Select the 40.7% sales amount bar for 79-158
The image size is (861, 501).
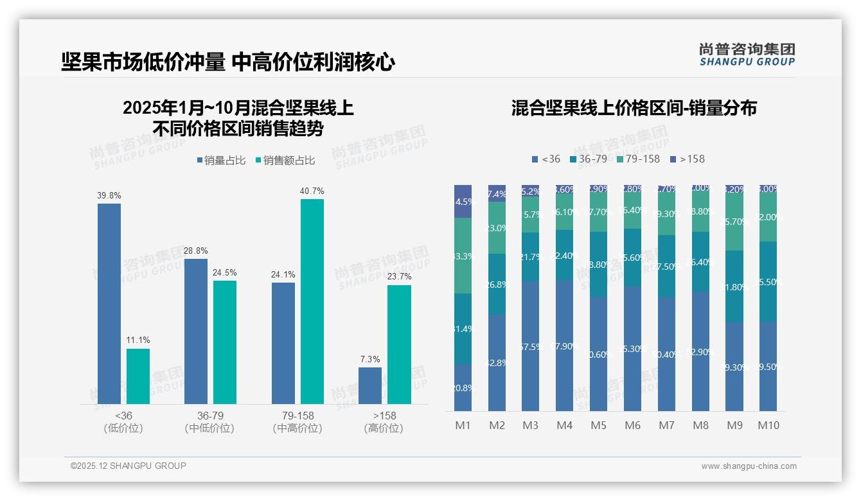pyautogui.click(x=312, y=301)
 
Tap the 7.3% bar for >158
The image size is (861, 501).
pyautogui.click(x=370, y=385)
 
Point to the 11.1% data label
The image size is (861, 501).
pyautogui.click(x=138, y=340)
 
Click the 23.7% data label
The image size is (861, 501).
pyautogui.click(x=400, y=276)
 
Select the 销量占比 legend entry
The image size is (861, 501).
pyautogui.click(x=221, y=161)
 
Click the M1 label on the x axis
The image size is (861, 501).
pyautogui.click(x=463, y=425)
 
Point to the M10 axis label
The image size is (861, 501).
pyautogui.click(x=768, y=425)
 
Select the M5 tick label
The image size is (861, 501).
pyautogui.click(x=598, y=425)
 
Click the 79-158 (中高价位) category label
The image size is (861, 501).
pyautogui.click(x=297, y=422)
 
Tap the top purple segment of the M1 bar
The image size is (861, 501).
pyautogui.click(x=463, y=201)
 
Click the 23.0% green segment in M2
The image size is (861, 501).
pyautogui.click(x=497, y=228)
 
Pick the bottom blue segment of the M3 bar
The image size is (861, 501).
pyautogui.click(x=530, y=346)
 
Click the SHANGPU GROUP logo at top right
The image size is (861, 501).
pyautogui.click(x=747, y=54)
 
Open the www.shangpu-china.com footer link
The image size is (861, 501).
pyautogui.click(x=749, y=466)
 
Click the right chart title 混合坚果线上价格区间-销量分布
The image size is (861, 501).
pyautogui.click(x=634, y=108)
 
